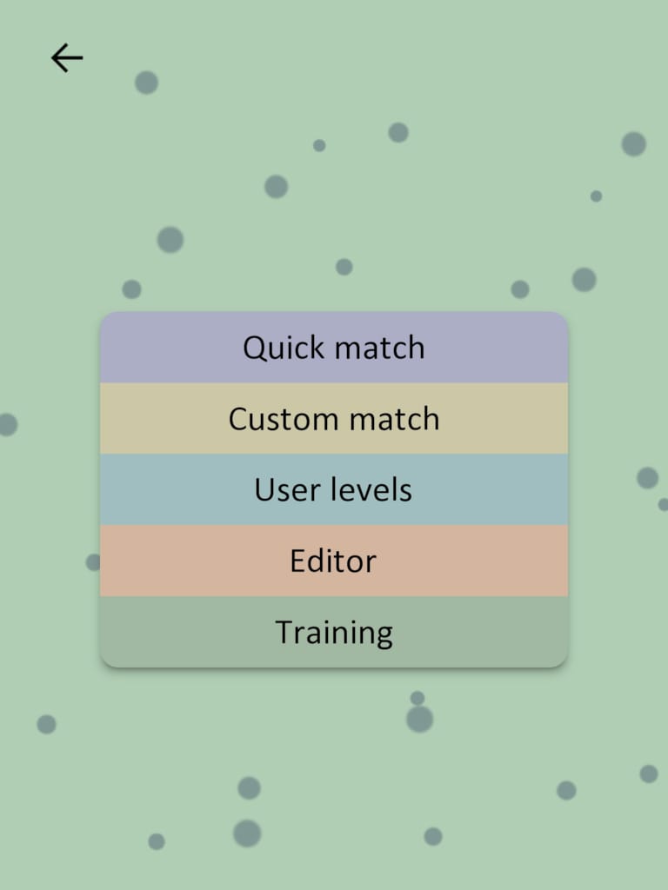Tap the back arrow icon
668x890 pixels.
click(x=67, y=58)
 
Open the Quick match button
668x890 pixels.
click(x=334, y=348)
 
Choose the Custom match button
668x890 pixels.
click(x=334, y=419)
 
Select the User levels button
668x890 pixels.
click(x=334, y=490)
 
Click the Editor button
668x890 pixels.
click(x=334, y=561)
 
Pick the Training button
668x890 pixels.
click(x=334, y=633)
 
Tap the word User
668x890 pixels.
click(x=282, y=490)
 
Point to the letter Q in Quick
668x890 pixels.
click(x=254, y=348)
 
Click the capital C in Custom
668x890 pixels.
click(x=237, y=419)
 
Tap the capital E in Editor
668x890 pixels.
click(x=298, y=561)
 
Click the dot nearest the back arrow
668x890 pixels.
click(x=146, y=83)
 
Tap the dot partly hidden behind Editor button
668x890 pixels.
click(x=94, y=562)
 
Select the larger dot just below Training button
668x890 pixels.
click(x=419, y=719)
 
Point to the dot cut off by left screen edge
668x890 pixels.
click(x=6, y=425)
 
